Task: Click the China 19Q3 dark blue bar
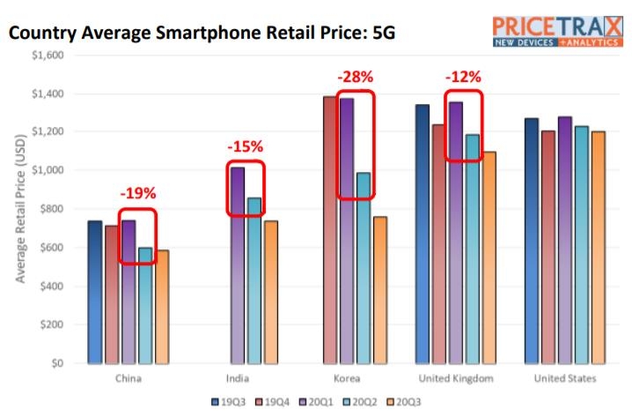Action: point(95,292)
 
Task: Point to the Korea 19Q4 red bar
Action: point(330,229)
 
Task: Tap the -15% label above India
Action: point(245,146)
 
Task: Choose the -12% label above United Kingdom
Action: point(463,77)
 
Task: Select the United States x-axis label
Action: point(564,379)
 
